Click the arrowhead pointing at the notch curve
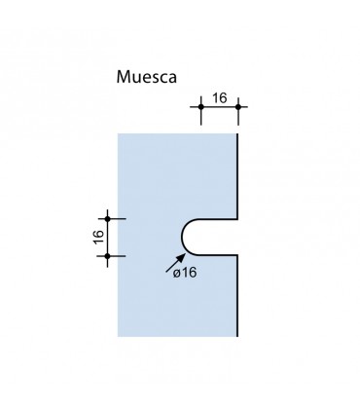pos(180,254)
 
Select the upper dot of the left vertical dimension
pos(108,218)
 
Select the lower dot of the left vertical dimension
pos(108,256)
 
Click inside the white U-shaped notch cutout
pos(214,237)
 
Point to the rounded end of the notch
pos(182,237)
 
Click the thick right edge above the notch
pos(239,175)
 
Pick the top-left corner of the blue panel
pos(118,134)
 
